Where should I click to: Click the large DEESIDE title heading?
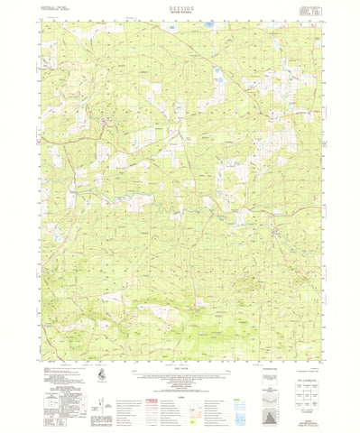pos(180,5)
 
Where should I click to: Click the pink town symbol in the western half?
pos(105,120)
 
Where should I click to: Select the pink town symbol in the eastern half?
pos(277,236)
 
